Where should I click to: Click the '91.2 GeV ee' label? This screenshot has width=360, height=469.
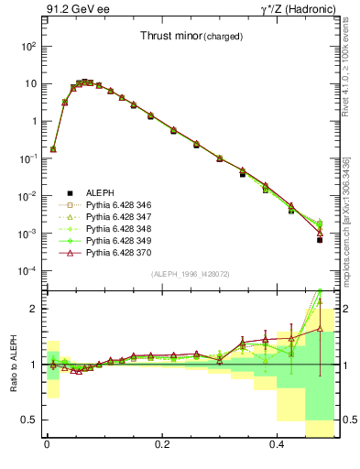78,10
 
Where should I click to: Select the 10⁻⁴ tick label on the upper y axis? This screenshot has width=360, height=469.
27,271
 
